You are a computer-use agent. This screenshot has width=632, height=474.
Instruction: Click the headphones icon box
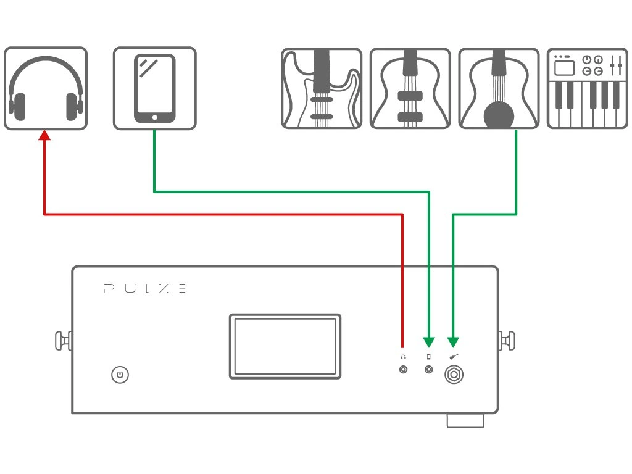click(46, 88)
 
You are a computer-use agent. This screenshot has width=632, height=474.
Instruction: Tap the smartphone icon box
click(154, 88)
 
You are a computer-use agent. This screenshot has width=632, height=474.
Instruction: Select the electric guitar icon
click(322, 88)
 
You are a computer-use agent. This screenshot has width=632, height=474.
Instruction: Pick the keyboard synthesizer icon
click(587, 88)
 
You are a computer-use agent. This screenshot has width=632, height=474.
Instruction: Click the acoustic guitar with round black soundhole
click(499, 88)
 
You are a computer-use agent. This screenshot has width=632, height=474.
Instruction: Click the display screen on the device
click(285, 346)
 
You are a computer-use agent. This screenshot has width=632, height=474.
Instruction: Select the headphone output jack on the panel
click(404, 370)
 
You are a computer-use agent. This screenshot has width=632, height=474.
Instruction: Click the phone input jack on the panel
click(429, 370)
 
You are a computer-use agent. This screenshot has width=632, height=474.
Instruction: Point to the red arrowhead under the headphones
click(44, 134)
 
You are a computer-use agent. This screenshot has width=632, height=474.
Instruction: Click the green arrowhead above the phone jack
click(429, 341)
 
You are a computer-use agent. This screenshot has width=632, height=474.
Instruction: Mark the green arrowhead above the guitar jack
click(453, 341)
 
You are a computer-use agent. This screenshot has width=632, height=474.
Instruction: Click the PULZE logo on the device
click(144, 288)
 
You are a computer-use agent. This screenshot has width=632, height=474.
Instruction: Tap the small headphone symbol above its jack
click(404, 357)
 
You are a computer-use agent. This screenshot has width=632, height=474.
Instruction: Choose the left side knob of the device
click(62, 340)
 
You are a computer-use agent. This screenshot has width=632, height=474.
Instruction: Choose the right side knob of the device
click(507, 340)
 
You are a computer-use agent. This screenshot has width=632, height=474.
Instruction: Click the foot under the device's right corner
click(465, 420)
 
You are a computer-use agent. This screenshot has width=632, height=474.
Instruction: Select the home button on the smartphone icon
click(154, 117)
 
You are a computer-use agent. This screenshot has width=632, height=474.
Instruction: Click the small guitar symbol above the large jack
click(454, 357)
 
